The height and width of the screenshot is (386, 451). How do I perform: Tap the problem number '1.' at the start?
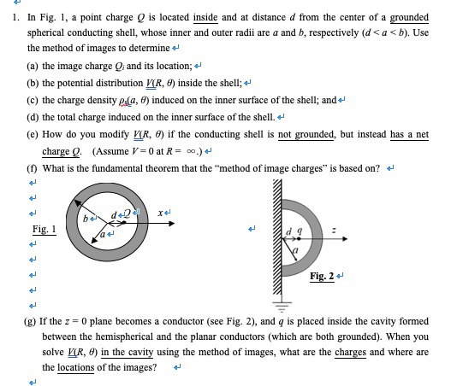click(16, 15)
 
